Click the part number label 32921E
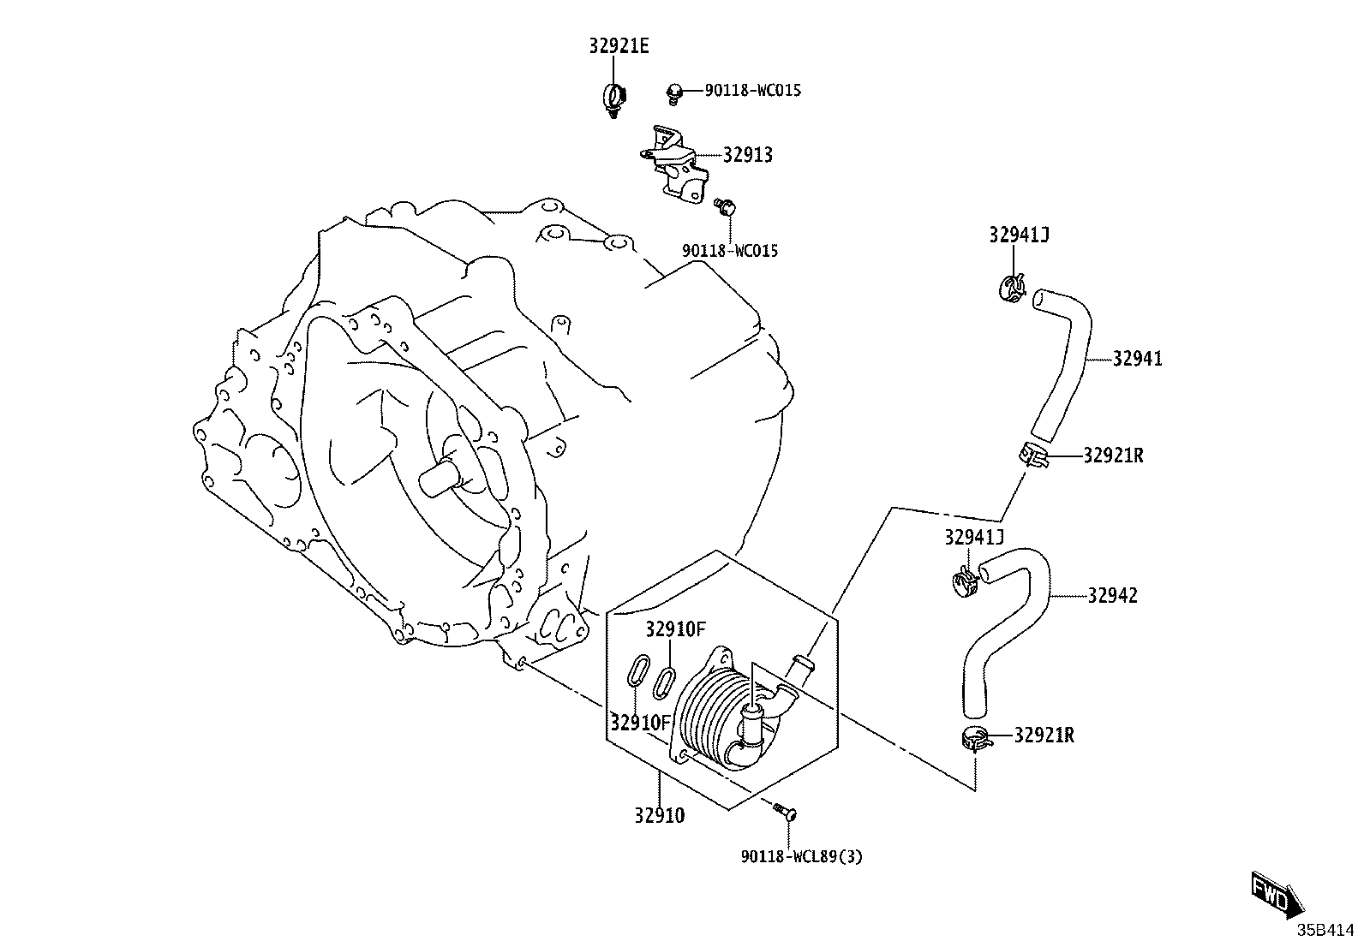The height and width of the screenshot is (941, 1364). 619,46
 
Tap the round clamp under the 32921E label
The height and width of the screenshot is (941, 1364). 615,98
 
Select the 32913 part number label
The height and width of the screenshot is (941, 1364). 748,155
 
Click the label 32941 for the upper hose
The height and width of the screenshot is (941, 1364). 1138,359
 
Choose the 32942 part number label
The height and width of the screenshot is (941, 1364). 1112,595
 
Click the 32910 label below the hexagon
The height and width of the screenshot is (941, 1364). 660,816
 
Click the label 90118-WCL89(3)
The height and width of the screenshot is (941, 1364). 801,857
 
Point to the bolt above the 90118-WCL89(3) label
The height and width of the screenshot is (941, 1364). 786,812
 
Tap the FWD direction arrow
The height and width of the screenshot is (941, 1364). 1277,898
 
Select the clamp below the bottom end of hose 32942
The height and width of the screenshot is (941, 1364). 976,739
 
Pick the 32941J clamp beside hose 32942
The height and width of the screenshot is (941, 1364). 965,581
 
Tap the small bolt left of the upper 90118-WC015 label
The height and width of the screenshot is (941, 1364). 674,93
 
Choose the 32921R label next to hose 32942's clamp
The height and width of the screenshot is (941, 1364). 1044,736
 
